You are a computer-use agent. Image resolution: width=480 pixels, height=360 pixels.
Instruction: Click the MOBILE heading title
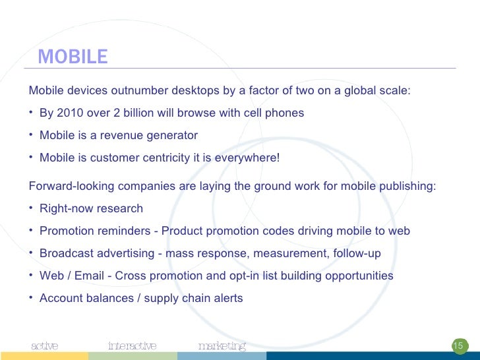pyautogui.click(x=73, y=57)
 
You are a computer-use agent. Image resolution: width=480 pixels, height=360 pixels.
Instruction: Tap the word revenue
pyautogui.click(x=122, y=136)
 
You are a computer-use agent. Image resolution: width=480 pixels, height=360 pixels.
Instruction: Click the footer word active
pyautogui.click(x=45, y=346)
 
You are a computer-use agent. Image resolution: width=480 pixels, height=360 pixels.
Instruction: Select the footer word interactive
pyautogui.click(x=133, y=346)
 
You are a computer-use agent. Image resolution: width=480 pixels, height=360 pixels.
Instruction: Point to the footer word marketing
pyautogui.click(x=222, y=346)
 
